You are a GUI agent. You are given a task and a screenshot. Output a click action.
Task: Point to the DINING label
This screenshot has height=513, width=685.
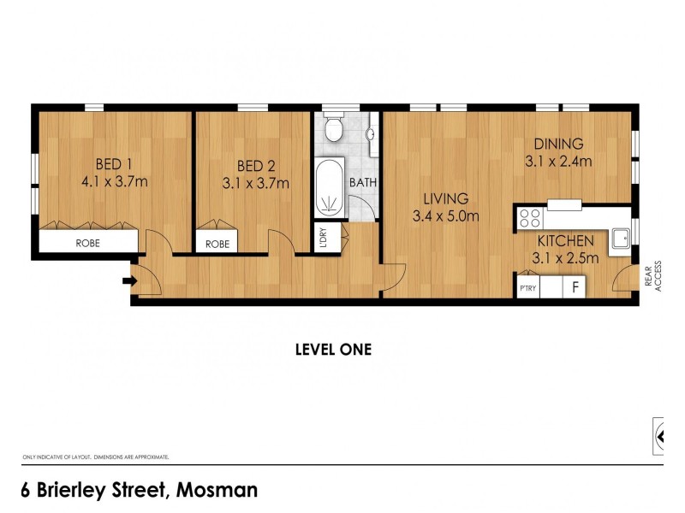tap(558, 144)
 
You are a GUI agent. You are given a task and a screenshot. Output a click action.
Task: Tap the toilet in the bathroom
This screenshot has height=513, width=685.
tap(336, 129)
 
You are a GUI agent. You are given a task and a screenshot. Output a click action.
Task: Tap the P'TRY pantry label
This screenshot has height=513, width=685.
tap(528, 288)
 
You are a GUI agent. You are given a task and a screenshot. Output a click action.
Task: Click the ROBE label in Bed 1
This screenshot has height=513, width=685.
tap(88, 243)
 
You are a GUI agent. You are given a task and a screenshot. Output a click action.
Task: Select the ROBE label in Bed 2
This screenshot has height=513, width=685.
tap(217, 244)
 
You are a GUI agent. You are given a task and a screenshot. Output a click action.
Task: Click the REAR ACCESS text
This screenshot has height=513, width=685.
tap(653, 275)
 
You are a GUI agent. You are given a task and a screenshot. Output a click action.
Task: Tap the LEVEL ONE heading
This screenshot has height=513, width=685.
tap(333, 349)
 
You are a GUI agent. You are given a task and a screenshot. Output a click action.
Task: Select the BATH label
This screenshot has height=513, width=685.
tap(363, 181)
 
